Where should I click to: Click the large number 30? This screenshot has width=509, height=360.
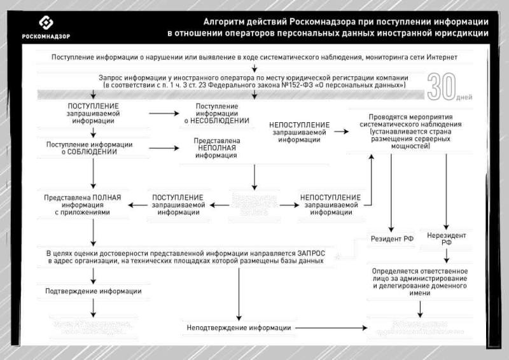click(440, 87)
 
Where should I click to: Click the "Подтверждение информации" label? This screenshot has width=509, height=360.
click(94, 291)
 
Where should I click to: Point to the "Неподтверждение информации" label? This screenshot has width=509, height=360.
click(239, 328)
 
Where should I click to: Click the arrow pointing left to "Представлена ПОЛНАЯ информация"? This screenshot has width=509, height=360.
click(137, 205)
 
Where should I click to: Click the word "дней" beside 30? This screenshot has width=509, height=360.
click(465, 98)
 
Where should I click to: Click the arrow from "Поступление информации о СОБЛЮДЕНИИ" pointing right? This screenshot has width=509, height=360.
click(164, 148)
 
